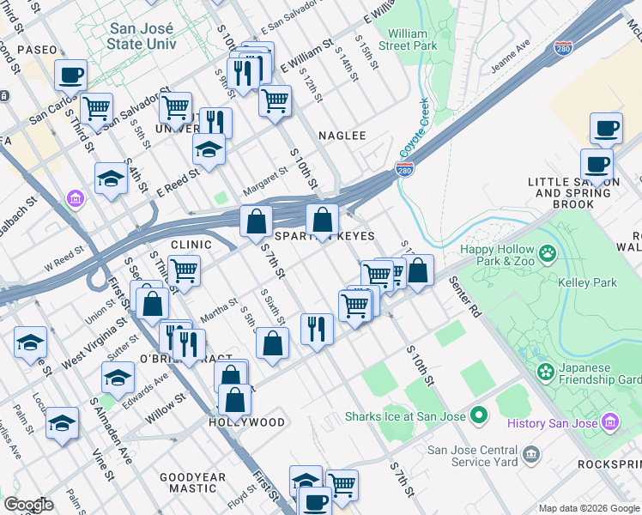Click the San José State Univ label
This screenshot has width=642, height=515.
click(x=143, y=35)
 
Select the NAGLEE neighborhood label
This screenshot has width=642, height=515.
click(x=342, y=136)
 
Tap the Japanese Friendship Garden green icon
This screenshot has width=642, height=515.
click(x=544, y=372)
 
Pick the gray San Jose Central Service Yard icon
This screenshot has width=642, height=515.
click(x=531, y=452)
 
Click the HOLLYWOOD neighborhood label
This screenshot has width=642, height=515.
click(x=247, y=422)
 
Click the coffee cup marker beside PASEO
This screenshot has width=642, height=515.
click(x=71, y=75)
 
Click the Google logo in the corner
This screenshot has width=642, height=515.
click(x=28, y=505)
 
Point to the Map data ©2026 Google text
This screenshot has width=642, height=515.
click(x=589, y=508)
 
